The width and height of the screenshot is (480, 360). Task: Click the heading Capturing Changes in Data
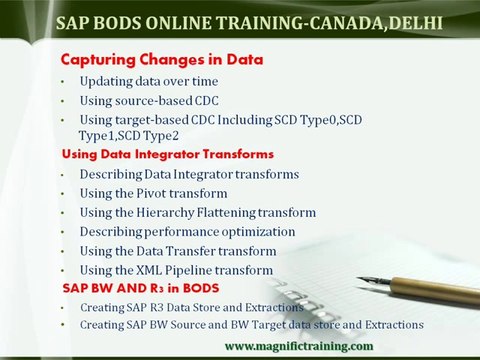161,60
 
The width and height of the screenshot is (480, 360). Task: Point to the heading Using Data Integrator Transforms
167,155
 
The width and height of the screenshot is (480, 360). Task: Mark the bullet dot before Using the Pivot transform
63,193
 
